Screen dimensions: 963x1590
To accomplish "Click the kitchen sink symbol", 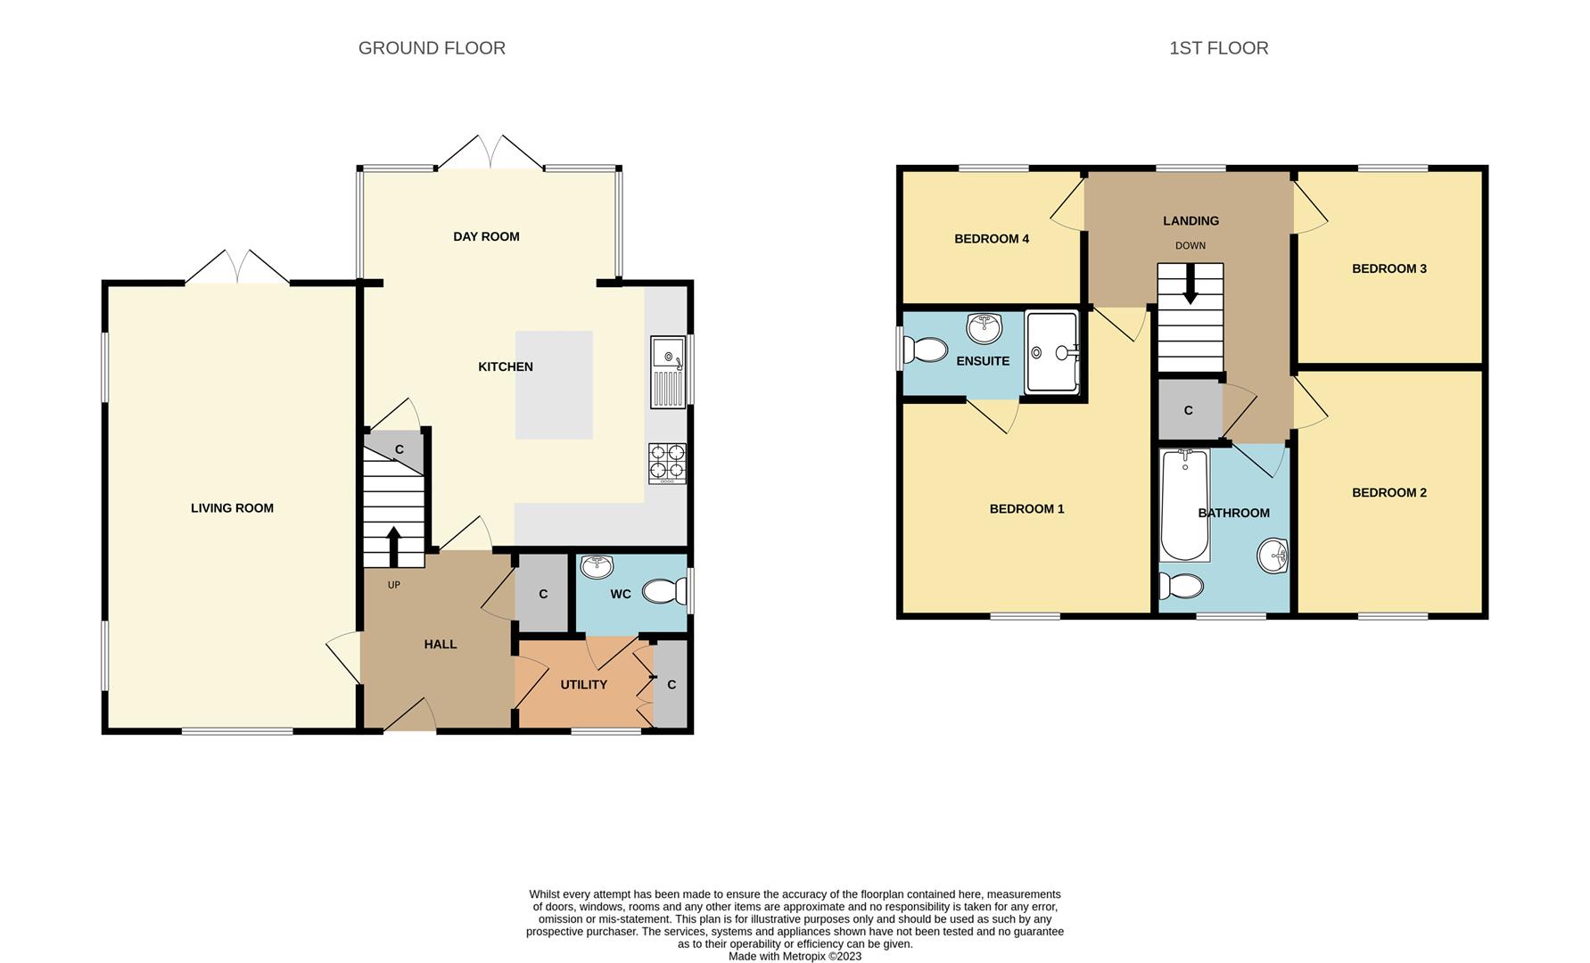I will click(667, 372).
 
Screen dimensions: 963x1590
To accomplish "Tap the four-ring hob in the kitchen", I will click(667, 463).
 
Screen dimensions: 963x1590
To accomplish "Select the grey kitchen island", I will click(554, 385).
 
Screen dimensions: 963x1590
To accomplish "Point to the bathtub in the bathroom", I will click(1184, 505).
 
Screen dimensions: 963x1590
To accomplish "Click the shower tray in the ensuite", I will click(1051, 352).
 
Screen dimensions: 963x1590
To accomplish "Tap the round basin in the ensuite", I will click(984, 328).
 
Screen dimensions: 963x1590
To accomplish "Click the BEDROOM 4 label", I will click(992, 239).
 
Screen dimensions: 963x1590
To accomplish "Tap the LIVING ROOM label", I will click(232, 508).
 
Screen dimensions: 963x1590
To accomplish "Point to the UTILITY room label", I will click(583, 685).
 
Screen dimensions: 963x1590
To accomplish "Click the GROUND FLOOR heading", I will click(432, 48).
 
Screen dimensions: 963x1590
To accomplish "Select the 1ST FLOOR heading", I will click(1218, 48).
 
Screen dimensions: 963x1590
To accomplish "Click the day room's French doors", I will click(490, 153).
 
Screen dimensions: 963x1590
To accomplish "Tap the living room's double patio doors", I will click(237, 268).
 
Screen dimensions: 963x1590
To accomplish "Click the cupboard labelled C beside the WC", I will click(543, 594).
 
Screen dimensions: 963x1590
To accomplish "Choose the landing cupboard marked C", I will click(1189, 410).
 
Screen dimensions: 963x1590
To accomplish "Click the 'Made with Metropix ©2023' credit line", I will click(795, 956).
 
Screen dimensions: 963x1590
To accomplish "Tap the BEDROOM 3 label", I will click(1388, 268).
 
